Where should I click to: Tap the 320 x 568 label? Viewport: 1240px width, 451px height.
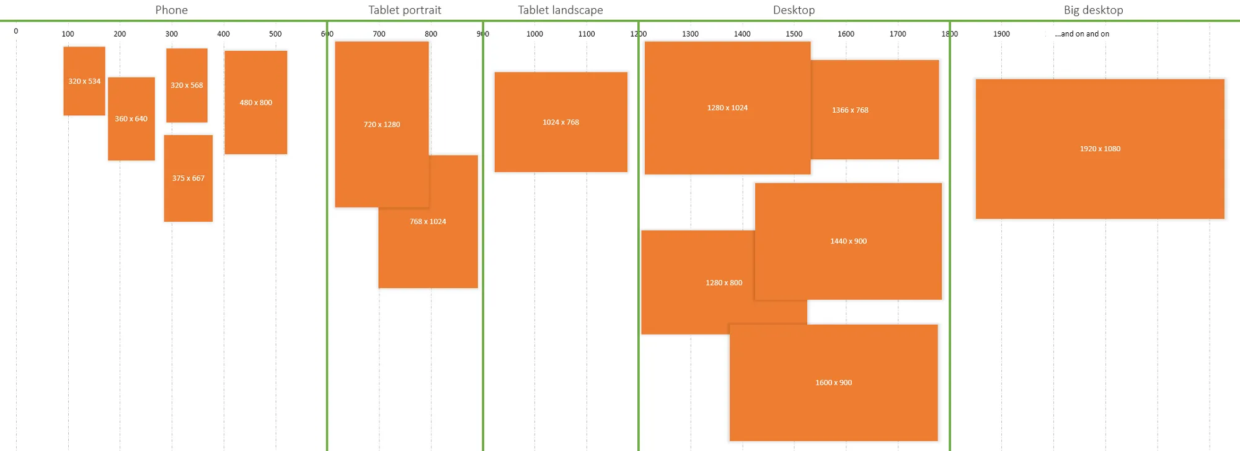click(187, 85)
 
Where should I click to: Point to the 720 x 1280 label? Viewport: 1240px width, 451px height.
click(382, 125)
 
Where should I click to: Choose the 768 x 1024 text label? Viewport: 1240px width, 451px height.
click(428, 222)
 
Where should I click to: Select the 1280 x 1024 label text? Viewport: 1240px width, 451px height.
click(727, 108)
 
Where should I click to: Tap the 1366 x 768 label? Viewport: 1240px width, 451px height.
click(850, 110)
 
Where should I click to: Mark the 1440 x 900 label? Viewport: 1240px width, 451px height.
click(848, 241)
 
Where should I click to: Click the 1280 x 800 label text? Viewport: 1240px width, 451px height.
click(724, 282)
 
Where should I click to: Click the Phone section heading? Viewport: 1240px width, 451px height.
click(171, 10)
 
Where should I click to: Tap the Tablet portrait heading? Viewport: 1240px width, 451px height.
click(405, 10)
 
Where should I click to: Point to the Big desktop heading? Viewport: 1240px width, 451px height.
click(1093, 10)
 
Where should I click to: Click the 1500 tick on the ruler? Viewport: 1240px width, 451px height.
click(794, 34)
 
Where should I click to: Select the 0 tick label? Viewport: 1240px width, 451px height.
click(16, 31)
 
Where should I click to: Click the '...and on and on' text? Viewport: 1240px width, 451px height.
click(1082, 34)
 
